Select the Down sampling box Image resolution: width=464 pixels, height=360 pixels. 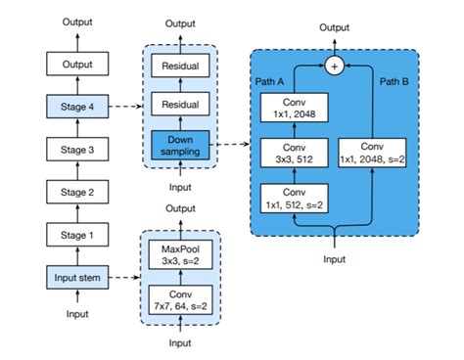(179, 147)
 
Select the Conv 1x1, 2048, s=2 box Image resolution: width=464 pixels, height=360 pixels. (374, 155)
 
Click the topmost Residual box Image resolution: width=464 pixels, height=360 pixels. (179, 66)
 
